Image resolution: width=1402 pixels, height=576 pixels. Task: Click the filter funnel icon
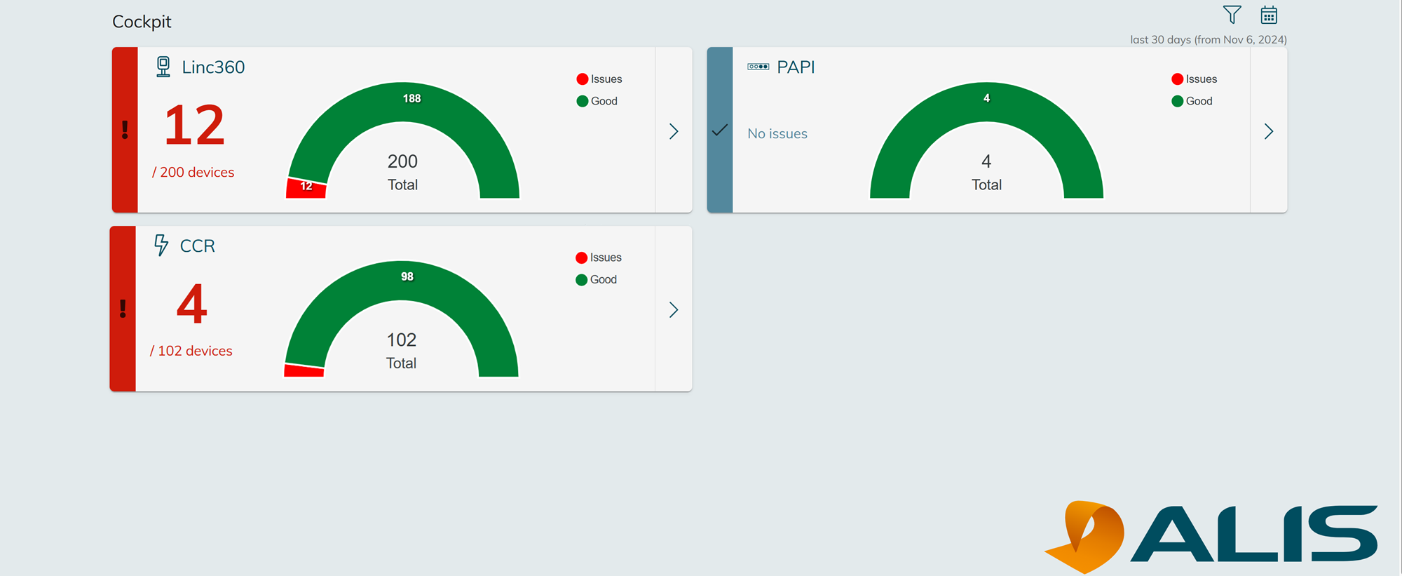pyautogui.click(x=1232, y=15)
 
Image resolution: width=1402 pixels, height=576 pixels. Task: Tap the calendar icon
pyautogui.click(x=1269, y=15)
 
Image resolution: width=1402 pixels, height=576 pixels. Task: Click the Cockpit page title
pyautogui.click(x=142, y=22)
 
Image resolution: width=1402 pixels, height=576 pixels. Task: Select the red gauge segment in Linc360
pyautogui.click(x=306, y=188)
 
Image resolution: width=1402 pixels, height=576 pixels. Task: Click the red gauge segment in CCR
pyautogui.click(x=304, y=370)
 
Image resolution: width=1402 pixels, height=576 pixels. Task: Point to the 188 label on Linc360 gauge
pyautogui.click(x=411, y=98)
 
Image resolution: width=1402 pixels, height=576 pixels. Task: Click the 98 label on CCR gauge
pyautogui.click(x=407, y=276)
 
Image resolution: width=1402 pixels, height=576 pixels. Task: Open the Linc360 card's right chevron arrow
pyautogui.click(x=674, y=131)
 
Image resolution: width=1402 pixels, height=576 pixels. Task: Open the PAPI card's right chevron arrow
pyautogui.click(x=1269, y=131)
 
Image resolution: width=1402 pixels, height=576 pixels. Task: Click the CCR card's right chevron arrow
pyautogui.click(x=674, y=310)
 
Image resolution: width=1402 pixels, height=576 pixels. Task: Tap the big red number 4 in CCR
pyautogui.click(x=191, y=304)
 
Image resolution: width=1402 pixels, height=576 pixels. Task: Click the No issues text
pyautogui.click(x=777, y=133)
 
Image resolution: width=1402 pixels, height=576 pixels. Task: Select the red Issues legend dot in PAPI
pyautogui.click(x=1178, y=79)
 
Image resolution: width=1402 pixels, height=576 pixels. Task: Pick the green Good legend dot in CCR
pyautogui.click(x=581, y=280)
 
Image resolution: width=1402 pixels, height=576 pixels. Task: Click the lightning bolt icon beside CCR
pyautogui.click(x=161, y=245)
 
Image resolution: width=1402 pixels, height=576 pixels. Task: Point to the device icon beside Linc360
pyautogui.click(x=163, y=67)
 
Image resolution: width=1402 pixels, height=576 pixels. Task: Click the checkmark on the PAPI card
pyautogui.click(x=720, y=130)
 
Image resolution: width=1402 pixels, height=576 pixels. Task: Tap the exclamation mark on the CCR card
pyautogui.click(x=123, y=309)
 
